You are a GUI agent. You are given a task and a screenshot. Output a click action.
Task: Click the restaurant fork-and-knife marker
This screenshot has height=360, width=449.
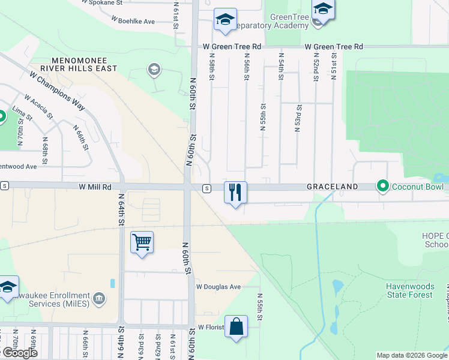pyautogui.click(x=235, y=193)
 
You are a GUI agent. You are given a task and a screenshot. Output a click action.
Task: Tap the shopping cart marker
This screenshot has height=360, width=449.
pyautogui.click(x=142, y=242)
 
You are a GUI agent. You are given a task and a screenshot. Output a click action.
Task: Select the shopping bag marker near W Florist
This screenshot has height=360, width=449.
pyautogui.click(x=237, y=327)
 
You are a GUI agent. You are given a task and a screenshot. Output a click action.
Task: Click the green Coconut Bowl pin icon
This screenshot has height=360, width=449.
pyautogui.click(x=382, y=187)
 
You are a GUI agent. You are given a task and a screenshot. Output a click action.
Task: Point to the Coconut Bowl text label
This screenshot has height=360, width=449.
pyautogui.click(x=418, y=187)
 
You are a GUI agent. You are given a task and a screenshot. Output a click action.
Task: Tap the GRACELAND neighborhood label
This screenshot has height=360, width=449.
pyautogui.click(x=332, y=187)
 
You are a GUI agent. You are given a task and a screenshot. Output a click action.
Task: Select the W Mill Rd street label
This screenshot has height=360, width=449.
pyautogui.click(x=95, y=187)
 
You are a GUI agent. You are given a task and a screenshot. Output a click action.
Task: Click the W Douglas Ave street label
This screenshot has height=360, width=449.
pyautogui.click(x=218, y=287)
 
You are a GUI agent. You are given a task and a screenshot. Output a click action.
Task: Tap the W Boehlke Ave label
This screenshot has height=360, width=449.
pyautogui.click(x=133, y=21)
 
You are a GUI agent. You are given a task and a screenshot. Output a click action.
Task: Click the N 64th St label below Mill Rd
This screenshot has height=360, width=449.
pyautogui.click(x=121, y=211)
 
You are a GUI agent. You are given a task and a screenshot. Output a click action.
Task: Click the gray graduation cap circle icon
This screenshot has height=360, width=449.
pyautogui.click(x=154, y=70)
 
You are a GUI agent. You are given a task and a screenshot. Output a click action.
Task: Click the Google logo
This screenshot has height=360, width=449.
pyautogui.click(x=19, y=353)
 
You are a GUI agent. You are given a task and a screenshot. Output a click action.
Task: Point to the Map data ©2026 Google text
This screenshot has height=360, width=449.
pyautogui.click(x=412, y=355)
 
